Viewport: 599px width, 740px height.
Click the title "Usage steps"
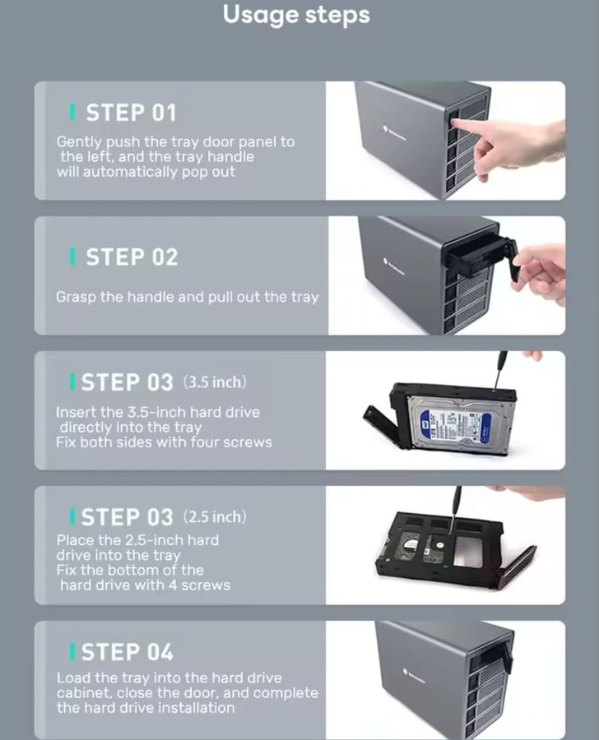pos(296,15)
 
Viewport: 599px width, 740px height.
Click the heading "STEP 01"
pos(131,113)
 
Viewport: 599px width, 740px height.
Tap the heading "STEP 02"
pos(132,257)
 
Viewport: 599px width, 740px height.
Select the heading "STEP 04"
pos(127,652)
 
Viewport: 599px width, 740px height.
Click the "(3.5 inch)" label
pos(215,382)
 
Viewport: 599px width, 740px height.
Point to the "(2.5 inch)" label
pos(215,517)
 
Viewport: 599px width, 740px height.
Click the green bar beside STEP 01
pos(72,112)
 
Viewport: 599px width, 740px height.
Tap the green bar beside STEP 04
pos(72,651)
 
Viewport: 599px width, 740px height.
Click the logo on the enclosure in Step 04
pos(416,676)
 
